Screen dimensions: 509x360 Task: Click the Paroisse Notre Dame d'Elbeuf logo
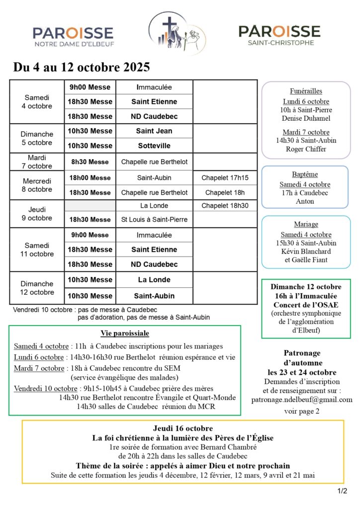73,36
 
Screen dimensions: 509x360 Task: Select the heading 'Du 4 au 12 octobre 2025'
82,67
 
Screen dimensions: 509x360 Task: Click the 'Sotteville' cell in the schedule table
154,146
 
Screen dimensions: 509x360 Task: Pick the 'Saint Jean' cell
154,131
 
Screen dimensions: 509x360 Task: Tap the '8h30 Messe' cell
90,162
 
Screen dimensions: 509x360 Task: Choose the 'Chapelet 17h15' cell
225,177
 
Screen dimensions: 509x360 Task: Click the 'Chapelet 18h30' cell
225,205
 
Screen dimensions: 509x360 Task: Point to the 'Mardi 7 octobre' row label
36,162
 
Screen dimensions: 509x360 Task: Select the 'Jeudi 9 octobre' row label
36,214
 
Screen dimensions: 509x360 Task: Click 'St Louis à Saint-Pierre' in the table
154,219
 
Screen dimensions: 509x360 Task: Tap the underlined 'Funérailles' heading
306,91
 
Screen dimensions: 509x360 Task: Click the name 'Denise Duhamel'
306,118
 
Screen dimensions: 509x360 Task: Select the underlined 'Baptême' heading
305,174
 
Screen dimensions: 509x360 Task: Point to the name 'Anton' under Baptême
305,201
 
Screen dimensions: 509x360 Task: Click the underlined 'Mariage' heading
305,224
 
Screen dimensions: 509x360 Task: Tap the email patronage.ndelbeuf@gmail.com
302,399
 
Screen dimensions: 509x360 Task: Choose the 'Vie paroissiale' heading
125,333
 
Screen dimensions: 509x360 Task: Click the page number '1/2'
342,491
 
